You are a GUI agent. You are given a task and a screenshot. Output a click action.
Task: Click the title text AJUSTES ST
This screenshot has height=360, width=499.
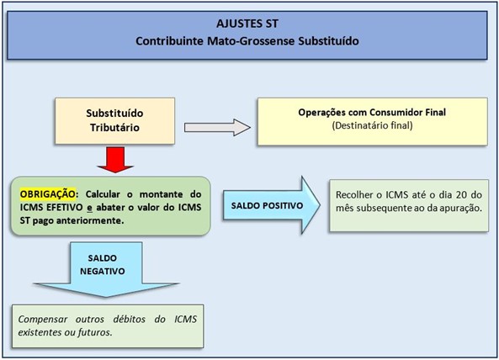247,24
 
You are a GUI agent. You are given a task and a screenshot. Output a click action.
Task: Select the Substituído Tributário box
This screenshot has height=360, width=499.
115,121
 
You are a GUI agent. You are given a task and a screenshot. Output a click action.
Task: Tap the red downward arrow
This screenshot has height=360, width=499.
115,160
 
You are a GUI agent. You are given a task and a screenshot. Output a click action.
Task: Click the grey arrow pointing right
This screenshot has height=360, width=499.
217,128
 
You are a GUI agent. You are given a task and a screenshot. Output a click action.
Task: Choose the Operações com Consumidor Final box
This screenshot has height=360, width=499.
372,121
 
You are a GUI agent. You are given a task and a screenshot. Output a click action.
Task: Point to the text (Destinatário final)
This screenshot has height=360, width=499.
372,125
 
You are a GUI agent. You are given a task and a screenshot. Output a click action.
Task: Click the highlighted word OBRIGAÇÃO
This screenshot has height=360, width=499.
48,194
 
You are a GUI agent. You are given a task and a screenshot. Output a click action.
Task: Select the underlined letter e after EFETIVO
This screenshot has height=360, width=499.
89,208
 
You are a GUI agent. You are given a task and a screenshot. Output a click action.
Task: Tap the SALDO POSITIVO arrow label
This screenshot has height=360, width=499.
267,206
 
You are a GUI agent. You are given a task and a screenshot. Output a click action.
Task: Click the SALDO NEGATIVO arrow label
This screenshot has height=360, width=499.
103,265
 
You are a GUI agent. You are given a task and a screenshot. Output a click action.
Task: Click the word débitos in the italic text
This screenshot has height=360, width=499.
130,320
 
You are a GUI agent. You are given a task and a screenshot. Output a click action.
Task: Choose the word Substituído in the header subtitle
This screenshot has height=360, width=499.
328,41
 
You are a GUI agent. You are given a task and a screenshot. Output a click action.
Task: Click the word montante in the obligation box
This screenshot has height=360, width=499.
161,194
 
